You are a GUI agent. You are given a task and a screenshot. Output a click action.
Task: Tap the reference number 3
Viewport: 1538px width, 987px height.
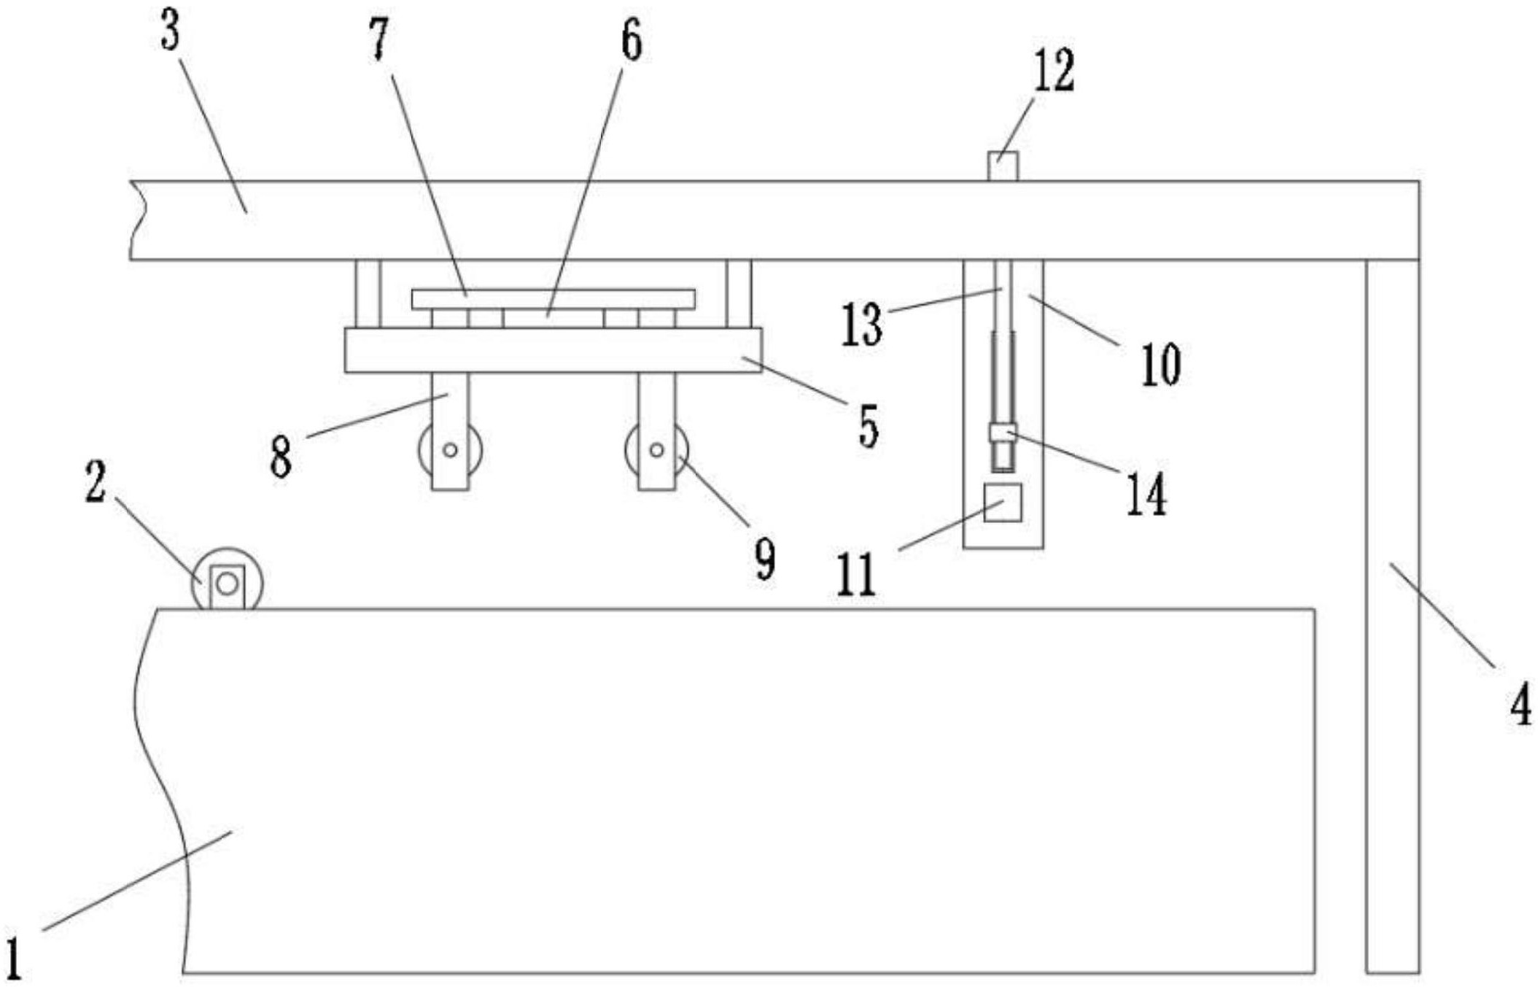pyautogui.click(x=170, y=34)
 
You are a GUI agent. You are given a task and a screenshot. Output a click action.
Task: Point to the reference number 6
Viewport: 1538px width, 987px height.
pyautogui.click(x=631, y=41)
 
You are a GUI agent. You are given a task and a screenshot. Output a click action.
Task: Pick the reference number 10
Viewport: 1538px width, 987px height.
pyautogui.click(x=1160, y=364)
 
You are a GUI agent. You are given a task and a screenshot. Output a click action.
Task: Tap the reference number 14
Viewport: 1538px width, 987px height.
pyautogui.click(x=1146, y=494)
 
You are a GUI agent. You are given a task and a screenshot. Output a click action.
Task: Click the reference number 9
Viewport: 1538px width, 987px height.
pyautogui.click(x=764, y=560)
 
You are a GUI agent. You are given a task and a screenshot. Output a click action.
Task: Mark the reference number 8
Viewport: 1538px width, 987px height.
pyautogui.click(x=281, y=458)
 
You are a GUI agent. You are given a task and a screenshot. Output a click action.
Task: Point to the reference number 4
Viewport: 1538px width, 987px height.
pyautogui.click(x=1520, y=705)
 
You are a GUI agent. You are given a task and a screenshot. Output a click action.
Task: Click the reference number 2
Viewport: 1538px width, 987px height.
pyautogui.click(x=96, y=482)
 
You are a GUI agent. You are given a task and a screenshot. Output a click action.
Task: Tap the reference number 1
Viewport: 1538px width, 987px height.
pyautogui.click(x=14, y=958)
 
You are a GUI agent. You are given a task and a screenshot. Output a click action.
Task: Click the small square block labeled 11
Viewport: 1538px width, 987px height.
pyautogui.click(x=1002, y=503)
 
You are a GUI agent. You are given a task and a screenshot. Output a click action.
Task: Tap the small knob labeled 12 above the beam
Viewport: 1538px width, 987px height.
pyautogui.click(x=1002, y=166)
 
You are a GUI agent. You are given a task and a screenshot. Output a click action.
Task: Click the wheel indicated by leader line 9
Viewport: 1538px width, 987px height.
pyautogui.click(x=656, y=450)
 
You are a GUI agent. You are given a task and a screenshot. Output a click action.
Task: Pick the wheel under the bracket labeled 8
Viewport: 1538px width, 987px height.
pyautogui.click(x=450, y=450)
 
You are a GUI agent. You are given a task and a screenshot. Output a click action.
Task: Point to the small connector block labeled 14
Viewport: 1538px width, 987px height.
pyautogui.click(x=1002, y=433)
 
